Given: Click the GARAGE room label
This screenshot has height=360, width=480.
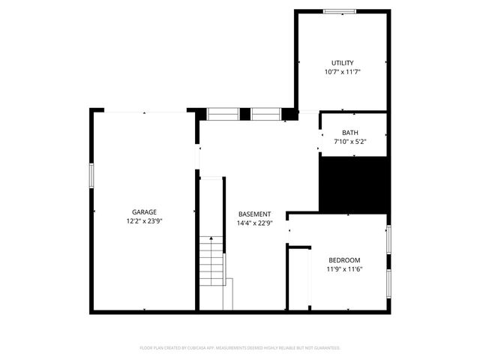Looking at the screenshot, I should pyautogui.click(x=145, y=212).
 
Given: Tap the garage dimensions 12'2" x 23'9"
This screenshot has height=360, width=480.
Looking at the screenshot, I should pyautogui.click(x=145, y=221).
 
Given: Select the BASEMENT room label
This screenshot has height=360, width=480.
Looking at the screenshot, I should pyautogui.click(x=254, y=214).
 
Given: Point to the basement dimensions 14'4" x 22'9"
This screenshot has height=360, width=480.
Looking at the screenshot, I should pyautogui.click(x=254, y=223).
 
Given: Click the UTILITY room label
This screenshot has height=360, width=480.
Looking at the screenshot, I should pyautogui.click(x=343, y=63).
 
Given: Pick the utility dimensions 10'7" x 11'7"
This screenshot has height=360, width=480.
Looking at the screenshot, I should pyautogui.click(x=343, y=72).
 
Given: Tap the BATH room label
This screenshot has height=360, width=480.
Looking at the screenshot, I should pyautogui.click(x=350, y=133).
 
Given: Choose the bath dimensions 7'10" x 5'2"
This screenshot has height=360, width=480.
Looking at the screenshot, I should pyautogui.click(x=350, y=141).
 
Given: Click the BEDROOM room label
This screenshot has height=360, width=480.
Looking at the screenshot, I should pyautogui.click(x=344, y=260).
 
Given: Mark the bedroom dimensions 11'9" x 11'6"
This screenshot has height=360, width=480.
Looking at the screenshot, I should pyautogui.click(x=344, y=269).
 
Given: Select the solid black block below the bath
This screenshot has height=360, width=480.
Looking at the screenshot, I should pyautogui.click(x=354, y=184).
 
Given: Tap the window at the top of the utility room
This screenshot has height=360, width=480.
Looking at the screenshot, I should pyautogui.click(x=340, y=10).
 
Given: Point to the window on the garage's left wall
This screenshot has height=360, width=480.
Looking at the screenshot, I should pyautogui.click(x=91, y=175).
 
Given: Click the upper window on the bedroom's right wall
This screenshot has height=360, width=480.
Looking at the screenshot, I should pyautogui.click(x=388, y=238).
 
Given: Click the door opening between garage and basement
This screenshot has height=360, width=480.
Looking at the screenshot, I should pyautogui.click(x=198, y=160).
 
